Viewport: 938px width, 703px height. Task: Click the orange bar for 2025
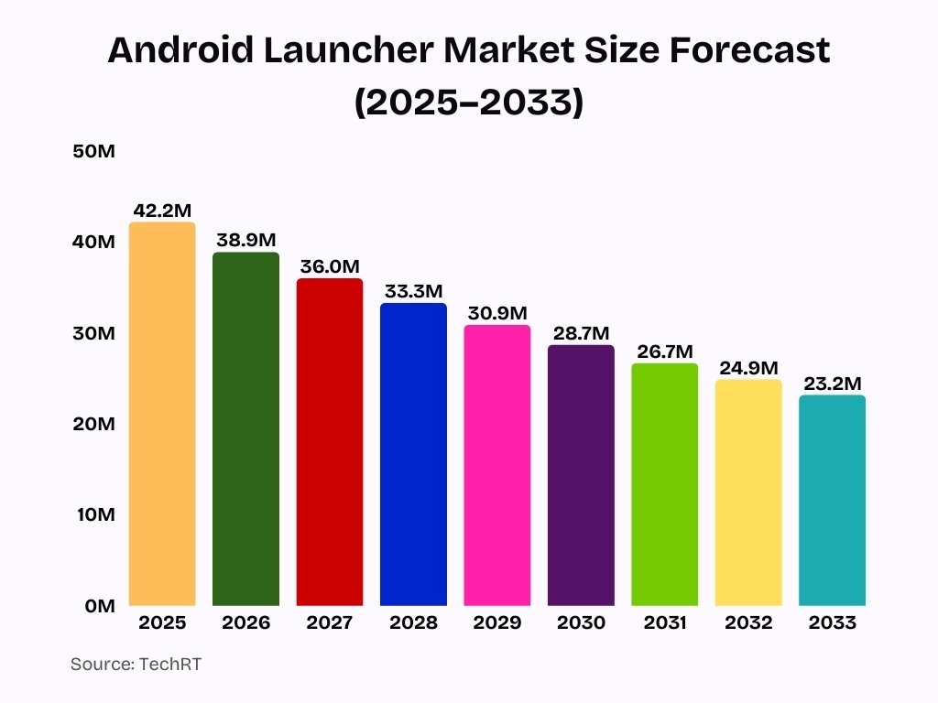tap(162, 414)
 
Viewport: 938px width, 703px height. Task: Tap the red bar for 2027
tap(330, 442)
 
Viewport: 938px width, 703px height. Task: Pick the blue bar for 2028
tap(413, 454)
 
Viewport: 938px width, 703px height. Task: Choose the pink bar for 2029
tap(497, 465)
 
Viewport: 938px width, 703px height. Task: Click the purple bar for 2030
tap(581, 475)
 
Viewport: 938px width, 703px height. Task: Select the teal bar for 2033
tap(832, 500)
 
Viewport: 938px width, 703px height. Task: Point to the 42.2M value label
tap(162, 211)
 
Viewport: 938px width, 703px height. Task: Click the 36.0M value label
tap(330, 267)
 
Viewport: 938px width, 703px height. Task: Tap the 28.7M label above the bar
tap(581, 333)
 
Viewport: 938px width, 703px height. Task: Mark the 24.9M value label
tap(748, 368)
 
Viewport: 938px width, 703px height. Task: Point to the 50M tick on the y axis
tap(93, 152)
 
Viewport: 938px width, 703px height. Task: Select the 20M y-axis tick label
tap(93, 425)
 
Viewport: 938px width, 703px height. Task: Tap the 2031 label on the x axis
tap(664, 623)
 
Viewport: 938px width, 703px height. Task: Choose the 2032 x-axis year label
tap(748, 623)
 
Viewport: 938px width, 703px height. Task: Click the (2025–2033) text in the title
tap(468, 103)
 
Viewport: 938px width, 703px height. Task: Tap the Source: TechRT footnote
tap(136, 665)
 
